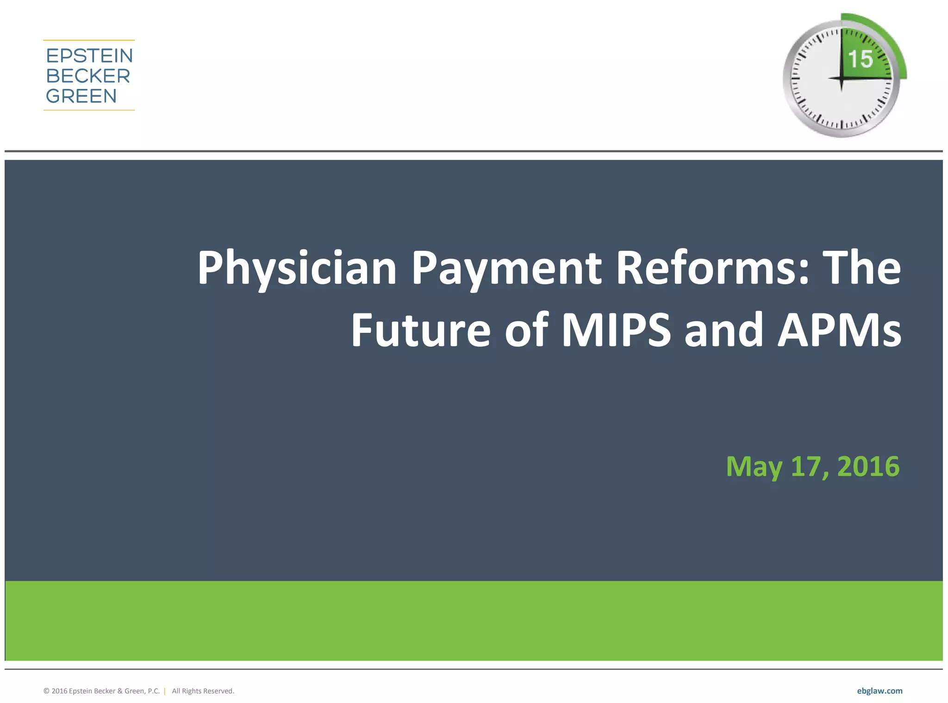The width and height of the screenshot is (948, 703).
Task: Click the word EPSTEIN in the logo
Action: point(89,56)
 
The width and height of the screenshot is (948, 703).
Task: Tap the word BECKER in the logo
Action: point(88,76)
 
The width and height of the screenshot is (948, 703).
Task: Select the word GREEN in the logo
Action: point(81,96)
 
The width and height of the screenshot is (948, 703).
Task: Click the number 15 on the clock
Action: point(860,59)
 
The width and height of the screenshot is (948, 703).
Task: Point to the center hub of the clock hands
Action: point(841,78)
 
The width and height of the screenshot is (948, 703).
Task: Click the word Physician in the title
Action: point(297,268)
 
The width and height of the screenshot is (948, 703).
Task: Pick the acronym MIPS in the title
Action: point(616,330)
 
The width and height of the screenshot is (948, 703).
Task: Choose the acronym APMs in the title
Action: point(839,330)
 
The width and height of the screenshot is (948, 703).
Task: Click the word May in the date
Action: point(754,467)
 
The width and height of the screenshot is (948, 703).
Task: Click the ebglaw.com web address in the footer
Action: point(879,691)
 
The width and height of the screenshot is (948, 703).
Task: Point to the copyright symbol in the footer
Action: point(46,691)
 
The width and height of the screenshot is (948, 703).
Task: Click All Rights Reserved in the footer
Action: point(203,691)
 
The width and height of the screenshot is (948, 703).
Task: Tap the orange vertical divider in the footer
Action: point(165,691)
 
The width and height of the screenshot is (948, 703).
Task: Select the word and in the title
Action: point(723,330)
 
